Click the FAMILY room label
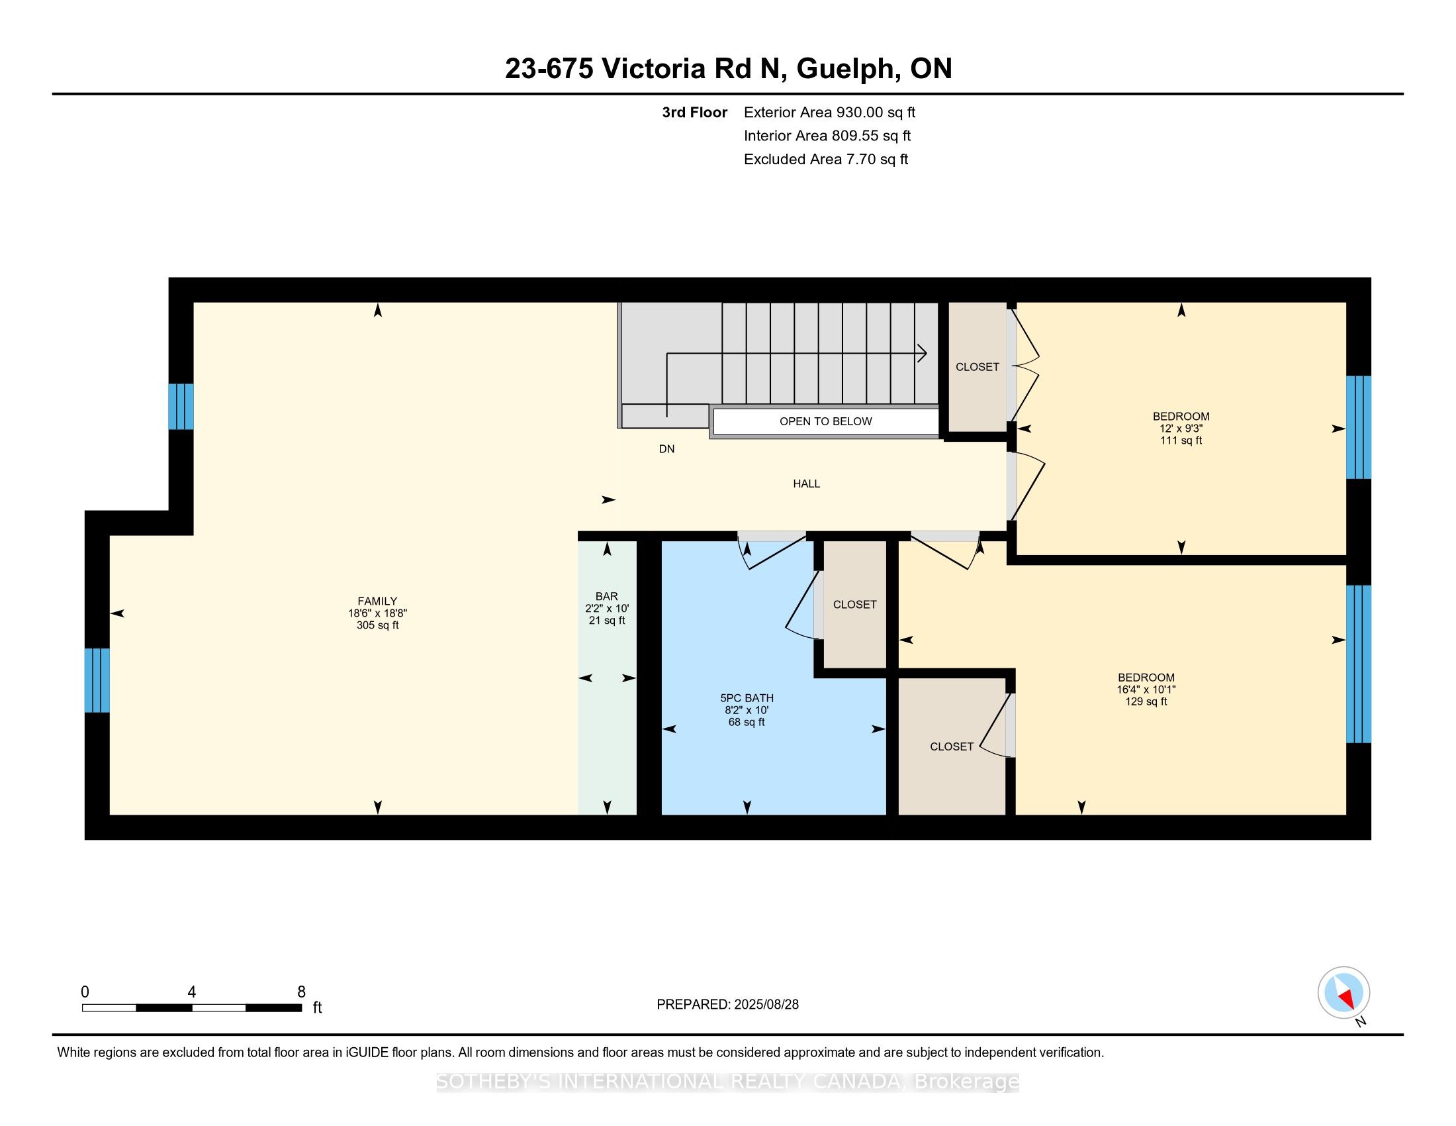coord(377,601)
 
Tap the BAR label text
coord(607,596)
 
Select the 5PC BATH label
coord(747,698)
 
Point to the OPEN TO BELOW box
coord(825,421)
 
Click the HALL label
coord(807,484)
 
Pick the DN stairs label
coord(666,449)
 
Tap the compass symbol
coord(1344,993)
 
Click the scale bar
coord(192,1008)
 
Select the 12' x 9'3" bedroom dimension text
coord(1181,429)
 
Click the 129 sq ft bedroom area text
coord(1146,701)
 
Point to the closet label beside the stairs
coord(978,367)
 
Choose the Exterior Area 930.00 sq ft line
coord(829,113)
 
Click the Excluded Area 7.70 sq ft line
coord(826,160)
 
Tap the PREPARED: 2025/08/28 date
coord(727,1005)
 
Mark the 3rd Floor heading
coord(694,113)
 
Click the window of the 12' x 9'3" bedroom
coord(1359,428)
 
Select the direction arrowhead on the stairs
coord(922,354)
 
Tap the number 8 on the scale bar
coord(301,992)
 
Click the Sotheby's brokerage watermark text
coord(727,1082)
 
